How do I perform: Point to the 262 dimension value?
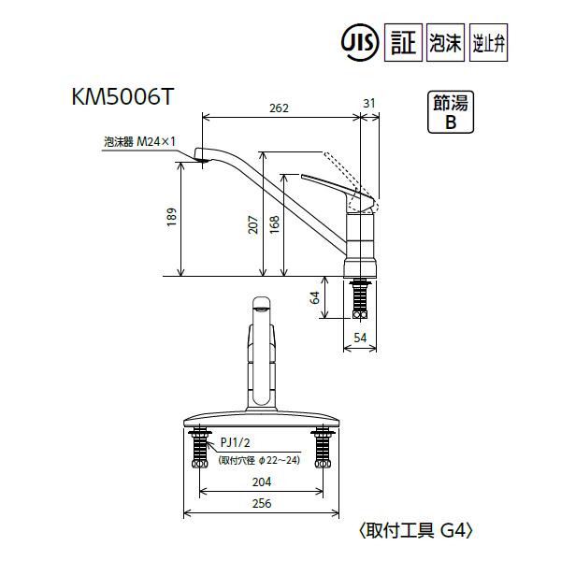pos(279,108)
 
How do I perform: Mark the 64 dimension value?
pos(315,297)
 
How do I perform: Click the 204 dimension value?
pos(262,482)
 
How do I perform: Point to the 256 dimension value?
pos(262,504)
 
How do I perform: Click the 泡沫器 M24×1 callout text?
pos(139,142)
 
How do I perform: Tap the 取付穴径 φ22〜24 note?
pos(259,460)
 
